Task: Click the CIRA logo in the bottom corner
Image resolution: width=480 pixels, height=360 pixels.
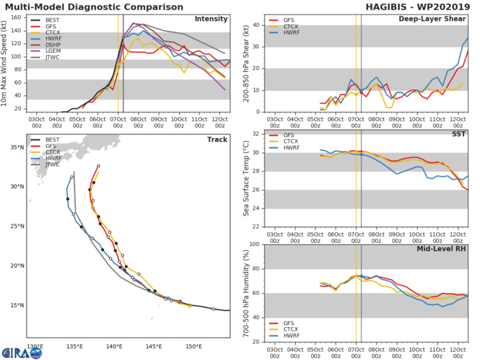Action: (21, 352)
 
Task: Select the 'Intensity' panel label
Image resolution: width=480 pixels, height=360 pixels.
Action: (211, 19)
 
